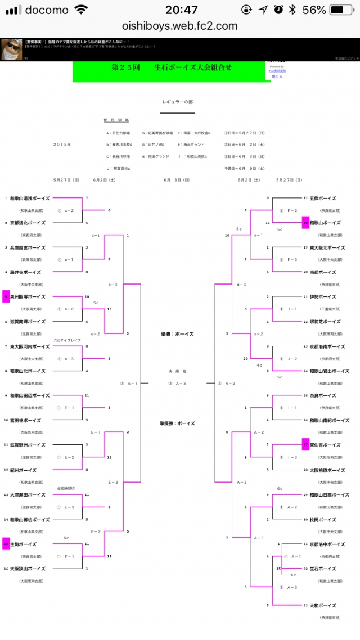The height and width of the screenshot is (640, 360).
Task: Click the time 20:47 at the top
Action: pyautogui.click(x=182, y=10)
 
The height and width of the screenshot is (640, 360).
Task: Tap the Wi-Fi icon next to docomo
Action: pyautogui.click(x=82, y=10)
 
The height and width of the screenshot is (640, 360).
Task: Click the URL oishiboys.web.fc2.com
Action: pyautogui.click(x=180, y=26)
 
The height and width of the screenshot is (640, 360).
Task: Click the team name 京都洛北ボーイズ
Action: pyautogui.click(x=28, y=223)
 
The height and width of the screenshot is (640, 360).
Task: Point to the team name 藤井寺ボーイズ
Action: pyautogui.click(x=25, y=272)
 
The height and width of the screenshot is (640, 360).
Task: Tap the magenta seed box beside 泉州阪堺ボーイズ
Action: pyautogui.click(x=6, y=296)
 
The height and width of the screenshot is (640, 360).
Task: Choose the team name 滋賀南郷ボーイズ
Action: pyautogui.click(x=28, y=321)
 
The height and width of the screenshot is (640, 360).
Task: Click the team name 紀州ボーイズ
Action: pyautogui.click(x=23, y=470)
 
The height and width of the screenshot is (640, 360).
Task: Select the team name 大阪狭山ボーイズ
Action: pyautogui.click(x=28, y=569)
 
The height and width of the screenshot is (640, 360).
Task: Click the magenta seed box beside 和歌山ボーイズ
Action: pyautogui.click(x=306, y=223)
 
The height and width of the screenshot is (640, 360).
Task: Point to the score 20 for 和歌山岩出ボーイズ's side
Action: pyautogui.click(x=246, y=358)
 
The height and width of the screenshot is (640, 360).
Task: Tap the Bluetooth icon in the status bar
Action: pyautogui.click(x=292, y=10)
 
